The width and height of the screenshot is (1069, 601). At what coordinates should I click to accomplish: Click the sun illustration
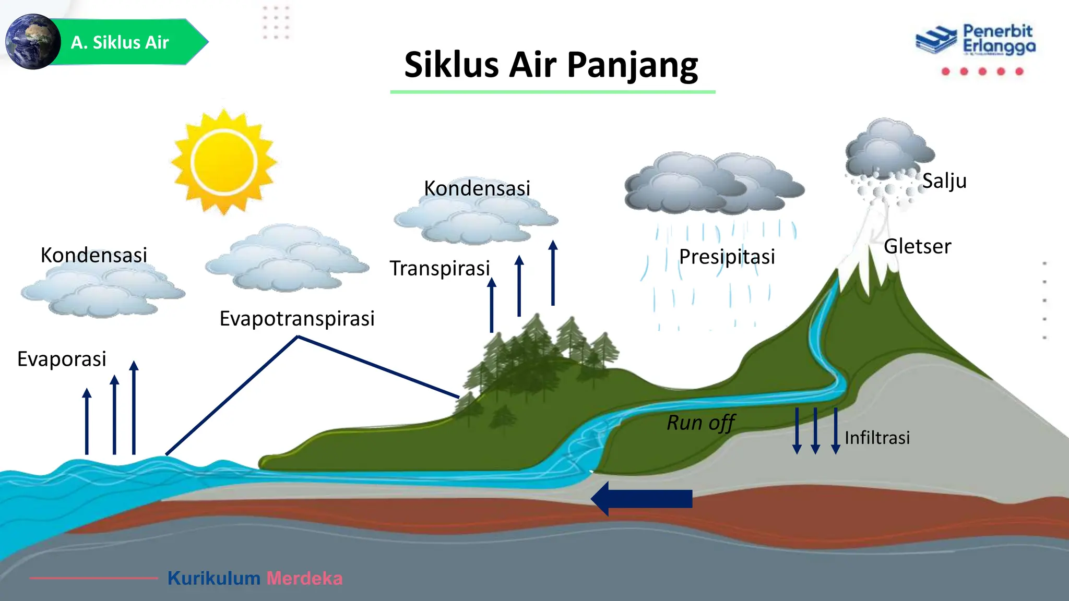coord(224,161)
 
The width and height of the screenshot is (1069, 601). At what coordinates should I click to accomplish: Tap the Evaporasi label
coord(62,359)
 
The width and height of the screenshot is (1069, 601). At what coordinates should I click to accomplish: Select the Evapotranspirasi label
coord(297,318)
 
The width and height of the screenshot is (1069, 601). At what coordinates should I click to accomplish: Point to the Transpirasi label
coord(440,268)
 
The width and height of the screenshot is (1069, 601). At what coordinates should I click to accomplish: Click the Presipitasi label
coord(727,257)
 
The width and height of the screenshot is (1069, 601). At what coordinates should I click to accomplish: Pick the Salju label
coord(944,181)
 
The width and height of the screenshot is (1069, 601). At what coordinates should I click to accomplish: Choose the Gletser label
coord(917,246)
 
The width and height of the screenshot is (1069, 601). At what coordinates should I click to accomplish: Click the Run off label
coord(701,423)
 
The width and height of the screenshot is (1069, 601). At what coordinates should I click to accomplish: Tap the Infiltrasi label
coord(877,438)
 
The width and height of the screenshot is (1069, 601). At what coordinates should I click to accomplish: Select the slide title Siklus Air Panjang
coord(551,65)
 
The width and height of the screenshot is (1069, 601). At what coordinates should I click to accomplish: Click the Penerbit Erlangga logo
coord(975,41)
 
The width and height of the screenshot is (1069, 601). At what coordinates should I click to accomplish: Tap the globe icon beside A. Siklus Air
coord(32,42)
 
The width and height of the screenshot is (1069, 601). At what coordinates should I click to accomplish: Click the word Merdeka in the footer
coord(304,578)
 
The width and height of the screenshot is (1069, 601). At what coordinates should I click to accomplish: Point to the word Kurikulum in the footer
coord(213,578)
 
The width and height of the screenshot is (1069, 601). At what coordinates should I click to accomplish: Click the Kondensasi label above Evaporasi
coord(94,255)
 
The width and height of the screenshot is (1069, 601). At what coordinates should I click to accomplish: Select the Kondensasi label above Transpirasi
coord(477,188)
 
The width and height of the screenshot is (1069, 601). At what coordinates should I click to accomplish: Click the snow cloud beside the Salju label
coord(887,151)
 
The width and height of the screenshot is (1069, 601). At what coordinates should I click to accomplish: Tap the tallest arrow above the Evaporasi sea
coord(134,407)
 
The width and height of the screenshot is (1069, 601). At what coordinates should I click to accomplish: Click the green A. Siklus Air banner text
coord(120,42)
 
